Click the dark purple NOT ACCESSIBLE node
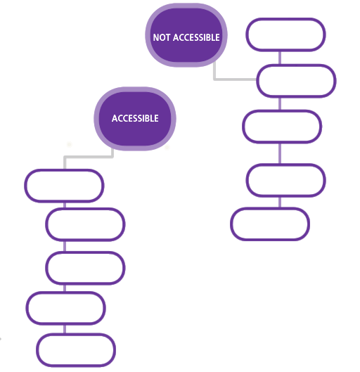[x=186, y=35]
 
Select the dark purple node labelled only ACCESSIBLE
[x=135, y=119]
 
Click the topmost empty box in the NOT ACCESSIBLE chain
[x=285, y=34]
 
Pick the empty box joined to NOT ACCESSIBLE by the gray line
[x=296, y=81]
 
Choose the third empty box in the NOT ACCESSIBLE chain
[x=282, y=127]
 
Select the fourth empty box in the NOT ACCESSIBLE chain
[x=285, y=180]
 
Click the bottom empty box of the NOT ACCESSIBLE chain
[x=270, y=224]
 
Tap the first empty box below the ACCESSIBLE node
[x=64, y=186]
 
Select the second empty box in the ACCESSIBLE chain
[x=85, y=224]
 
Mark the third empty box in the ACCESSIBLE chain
[x=85, y=268]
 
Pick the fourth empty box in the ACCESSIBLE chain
[x=66, y=308]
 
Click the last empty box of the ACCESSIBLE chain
[x=76, y=350]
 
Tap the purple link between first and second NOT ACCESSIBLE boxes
[x=280, y=58]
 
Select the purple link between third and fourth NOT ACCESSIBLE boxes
[x=280, y=153]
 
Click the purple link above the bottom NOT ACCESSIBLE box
[x=280, y=203]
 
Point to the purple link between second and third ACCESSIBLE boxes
[x=65, y=246]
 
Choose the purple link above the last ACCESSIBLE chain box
[x=65, y=329]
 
